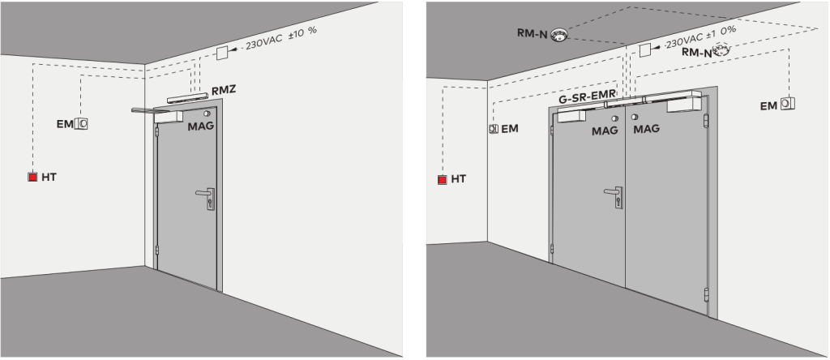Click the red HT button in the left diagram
[x=32, y=178]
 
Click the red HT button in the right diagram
[x=443, y=179]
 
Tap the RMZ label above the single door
[x=224, y=90]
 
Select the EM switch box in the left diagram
[x=81, y=123]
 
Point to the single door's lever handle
[x=205, y=198]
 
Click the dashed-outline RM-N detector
[x=721, y=52]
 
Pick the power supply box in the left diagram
[x=223, y=53]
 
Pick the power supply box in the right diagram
[x=644, y=50]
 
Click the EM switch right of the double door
[x=788, y=104]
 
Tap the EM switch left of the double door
[x=494, y=129]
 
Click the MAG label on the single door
[x=201, y=126]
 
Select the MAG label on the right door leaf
[x=647, y=128]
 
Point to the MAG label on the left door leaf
[x=605, y=131]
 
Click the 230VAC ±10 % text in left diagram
[x=281, y=38]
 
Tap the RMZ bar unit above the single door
[x=187, y=98]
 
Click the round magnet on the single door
[x=207, y=114]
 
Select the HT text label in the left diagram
[x=49, y=178]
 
